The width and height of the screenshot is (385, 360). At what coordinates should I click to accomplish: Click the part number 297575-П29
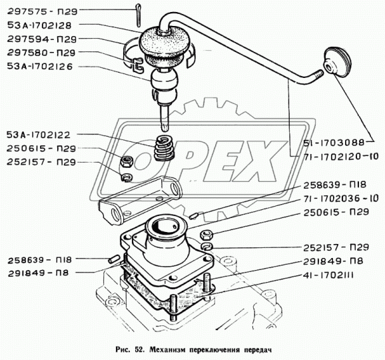coord(42,11)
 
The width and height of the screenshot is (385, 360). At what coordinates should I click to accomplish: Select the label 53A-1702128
coord(39,25)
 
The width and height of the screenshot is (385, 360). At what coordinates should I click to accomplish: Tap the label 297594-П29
coord(42,39)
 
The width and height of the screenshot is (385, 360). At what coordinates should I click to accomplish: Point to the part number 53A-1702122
coord(39,135)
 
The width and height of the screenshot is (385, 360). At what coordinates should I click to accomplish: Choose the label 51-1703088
coord(334,143)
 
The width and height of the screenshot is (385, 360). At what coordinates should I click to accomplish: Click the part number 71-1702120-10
coord(341,157)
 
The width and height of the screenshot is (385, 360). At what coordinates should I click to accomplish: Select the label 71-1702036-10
coord(341,199)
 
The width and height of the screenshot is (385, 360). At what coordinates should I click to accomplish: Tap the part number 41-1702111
coord(328,276)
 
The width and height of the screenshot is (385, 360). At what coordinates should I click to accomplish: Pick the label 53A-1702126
coord(40,67)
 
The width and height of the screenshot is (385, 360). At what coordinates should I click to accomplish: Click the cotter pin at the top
coord(139,15)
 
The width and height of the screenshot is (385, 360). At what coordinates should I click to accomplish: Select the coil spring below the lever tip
coord(164,148)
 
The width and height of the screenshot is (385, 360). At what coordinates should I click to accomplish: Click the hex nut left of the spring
coord(127,161)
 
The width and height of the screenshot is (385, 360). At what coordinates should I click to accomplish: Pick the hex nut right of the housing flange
coord(206,235)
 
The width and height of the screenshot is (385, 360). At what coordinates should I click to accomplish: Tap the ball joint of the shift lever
coord(164,81)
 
